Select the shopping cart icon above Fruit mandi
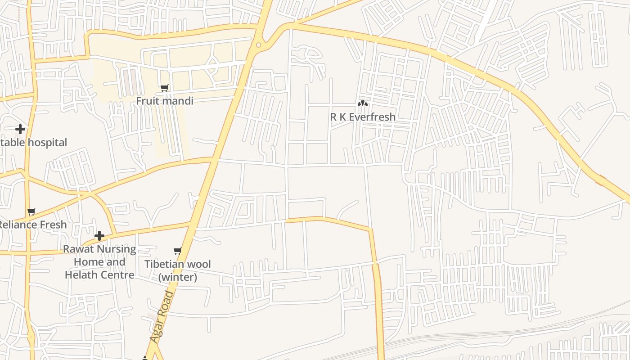click(165, 88)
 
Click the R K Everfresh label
click(363, 117)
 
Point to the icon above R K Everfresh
click(363, 103)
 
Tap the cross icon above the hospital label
click(20, 130)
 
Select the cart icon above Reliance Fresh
click(31, 211)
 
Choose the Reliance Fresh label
click(32, 225)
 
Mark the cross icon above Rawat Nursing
click(99, 236)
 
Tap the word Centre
click(120, 275)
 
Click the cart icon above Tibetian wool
click(178, 251)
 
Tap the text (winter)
click(178, 277)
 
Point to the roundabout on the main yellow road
click(259, 45)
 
